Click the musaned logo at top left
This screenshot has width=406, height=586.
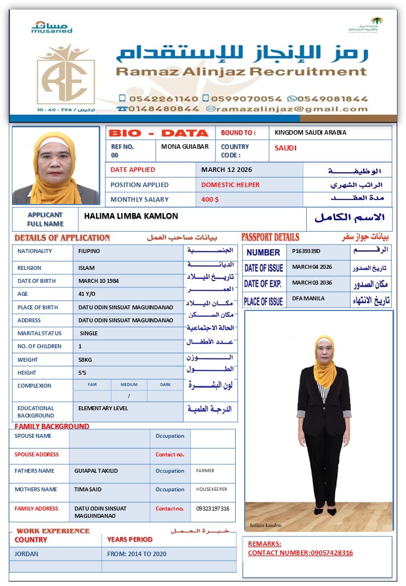click(52, 27)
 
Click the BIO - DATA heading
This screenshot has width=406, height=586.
click(158, 134)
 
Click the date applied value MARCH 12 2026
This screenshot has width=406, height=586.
click(227, 170)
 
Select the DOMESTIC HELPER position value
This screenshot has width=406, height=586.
click(231, 185)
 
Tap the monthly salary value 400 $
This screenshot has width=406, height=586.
click(210, 199)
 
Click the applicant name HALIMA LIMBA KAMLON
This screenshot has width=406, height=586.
click(131, 216)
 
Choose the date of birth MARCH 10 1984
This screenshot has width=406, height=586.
click(99, 281)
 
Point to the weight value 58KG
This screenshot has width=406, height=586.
click(86, 359)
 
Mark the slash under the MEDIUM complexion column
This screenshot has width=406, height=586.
click(129, 396)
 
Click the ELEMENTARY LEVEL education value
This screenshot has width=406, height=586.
click(103, 409)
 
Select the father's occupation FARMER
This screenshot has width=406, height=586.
click(205, 470)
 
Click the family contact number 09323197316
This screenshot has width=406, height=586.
click(213, 509)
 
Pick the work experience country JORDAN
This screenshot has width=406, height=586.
click(27, 554)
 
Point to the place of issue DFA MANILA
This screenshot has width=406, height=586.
click(308, 299)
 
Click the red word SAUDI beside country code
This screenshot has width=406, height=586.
click(285, 148)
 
